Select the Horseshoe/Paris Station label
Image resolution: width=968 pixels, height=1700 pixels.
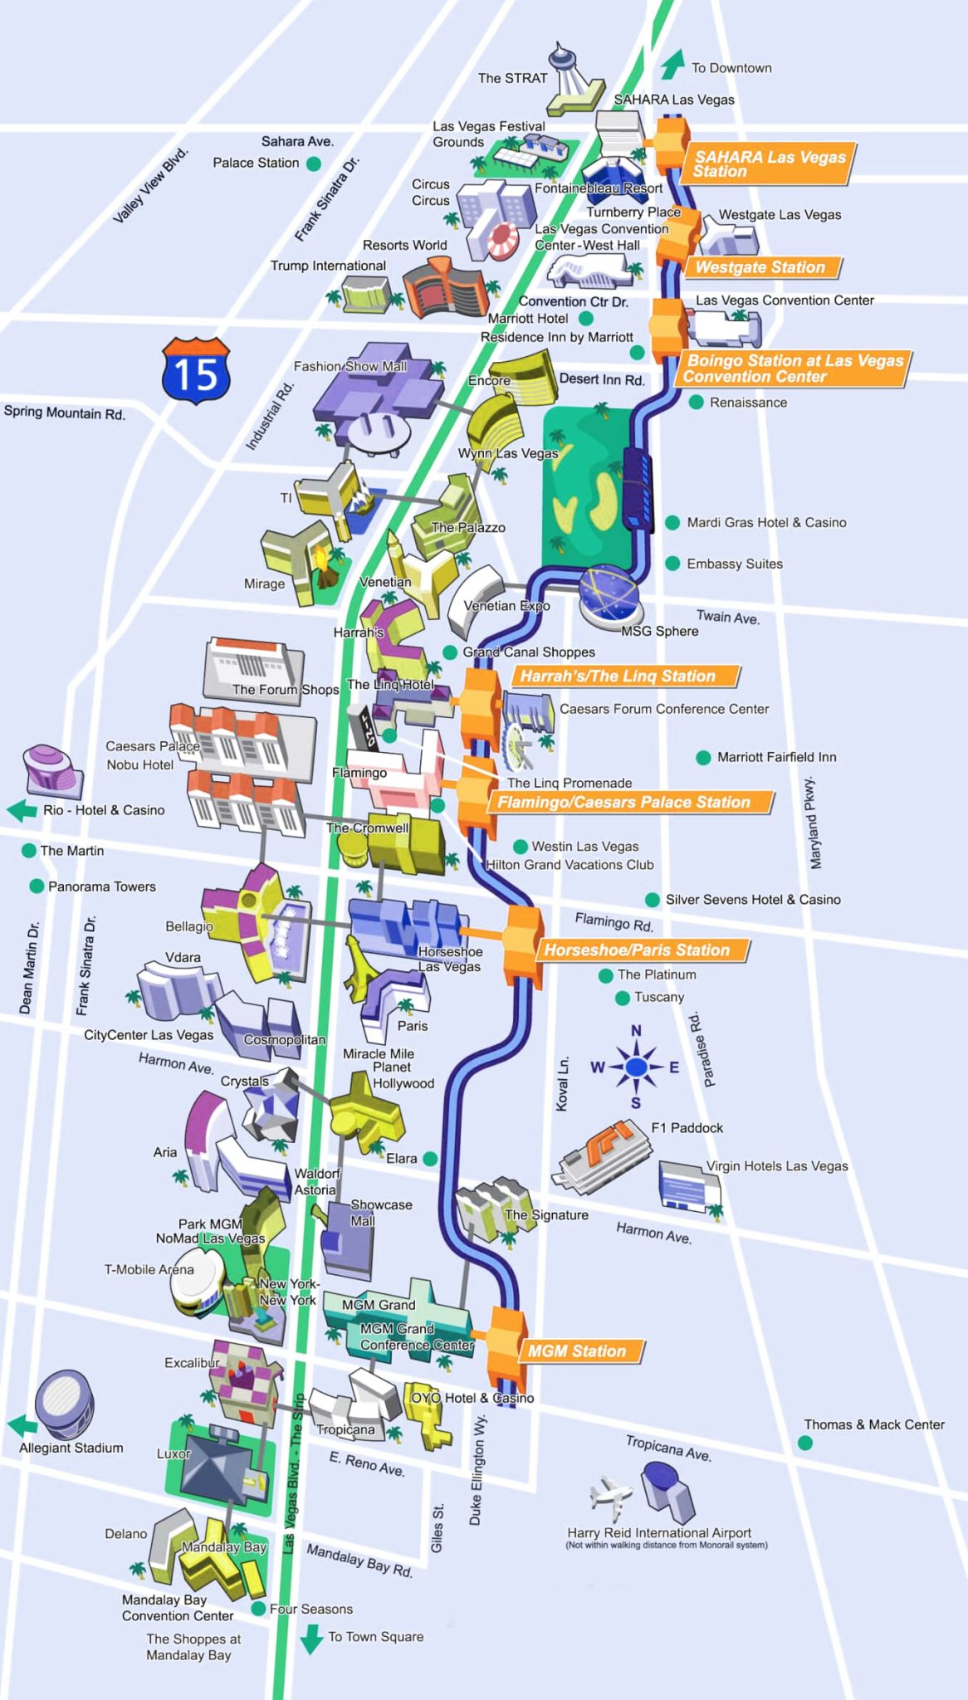coord(638,950)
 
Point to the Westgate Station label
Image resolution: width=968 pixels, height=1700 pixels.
coord(760,267)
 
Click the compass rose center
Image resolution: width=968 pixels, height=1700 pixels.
coord(636,1067)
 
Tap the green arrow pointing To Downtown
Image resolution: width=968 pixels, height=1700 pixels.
coord(672,64)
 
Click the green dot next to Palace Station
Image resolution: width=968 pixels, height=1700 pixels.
coord(314,164)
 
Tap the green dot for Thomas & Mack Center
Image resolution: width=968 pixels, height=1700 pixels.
coord(804,1443)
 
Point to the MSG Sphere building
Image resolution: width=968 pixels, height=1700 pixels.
coord(609,594)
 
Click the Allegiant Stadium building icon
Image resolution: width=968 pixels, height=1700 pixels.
coord(64,1404)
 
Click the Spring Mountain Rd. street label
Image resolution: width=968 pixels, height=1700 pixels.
coord(65,413)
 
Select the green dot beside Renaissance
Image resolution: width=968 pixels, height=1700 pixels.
coord(697,403)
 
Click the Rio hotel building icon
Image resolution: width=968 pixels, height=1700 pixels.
coord(52,768)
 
